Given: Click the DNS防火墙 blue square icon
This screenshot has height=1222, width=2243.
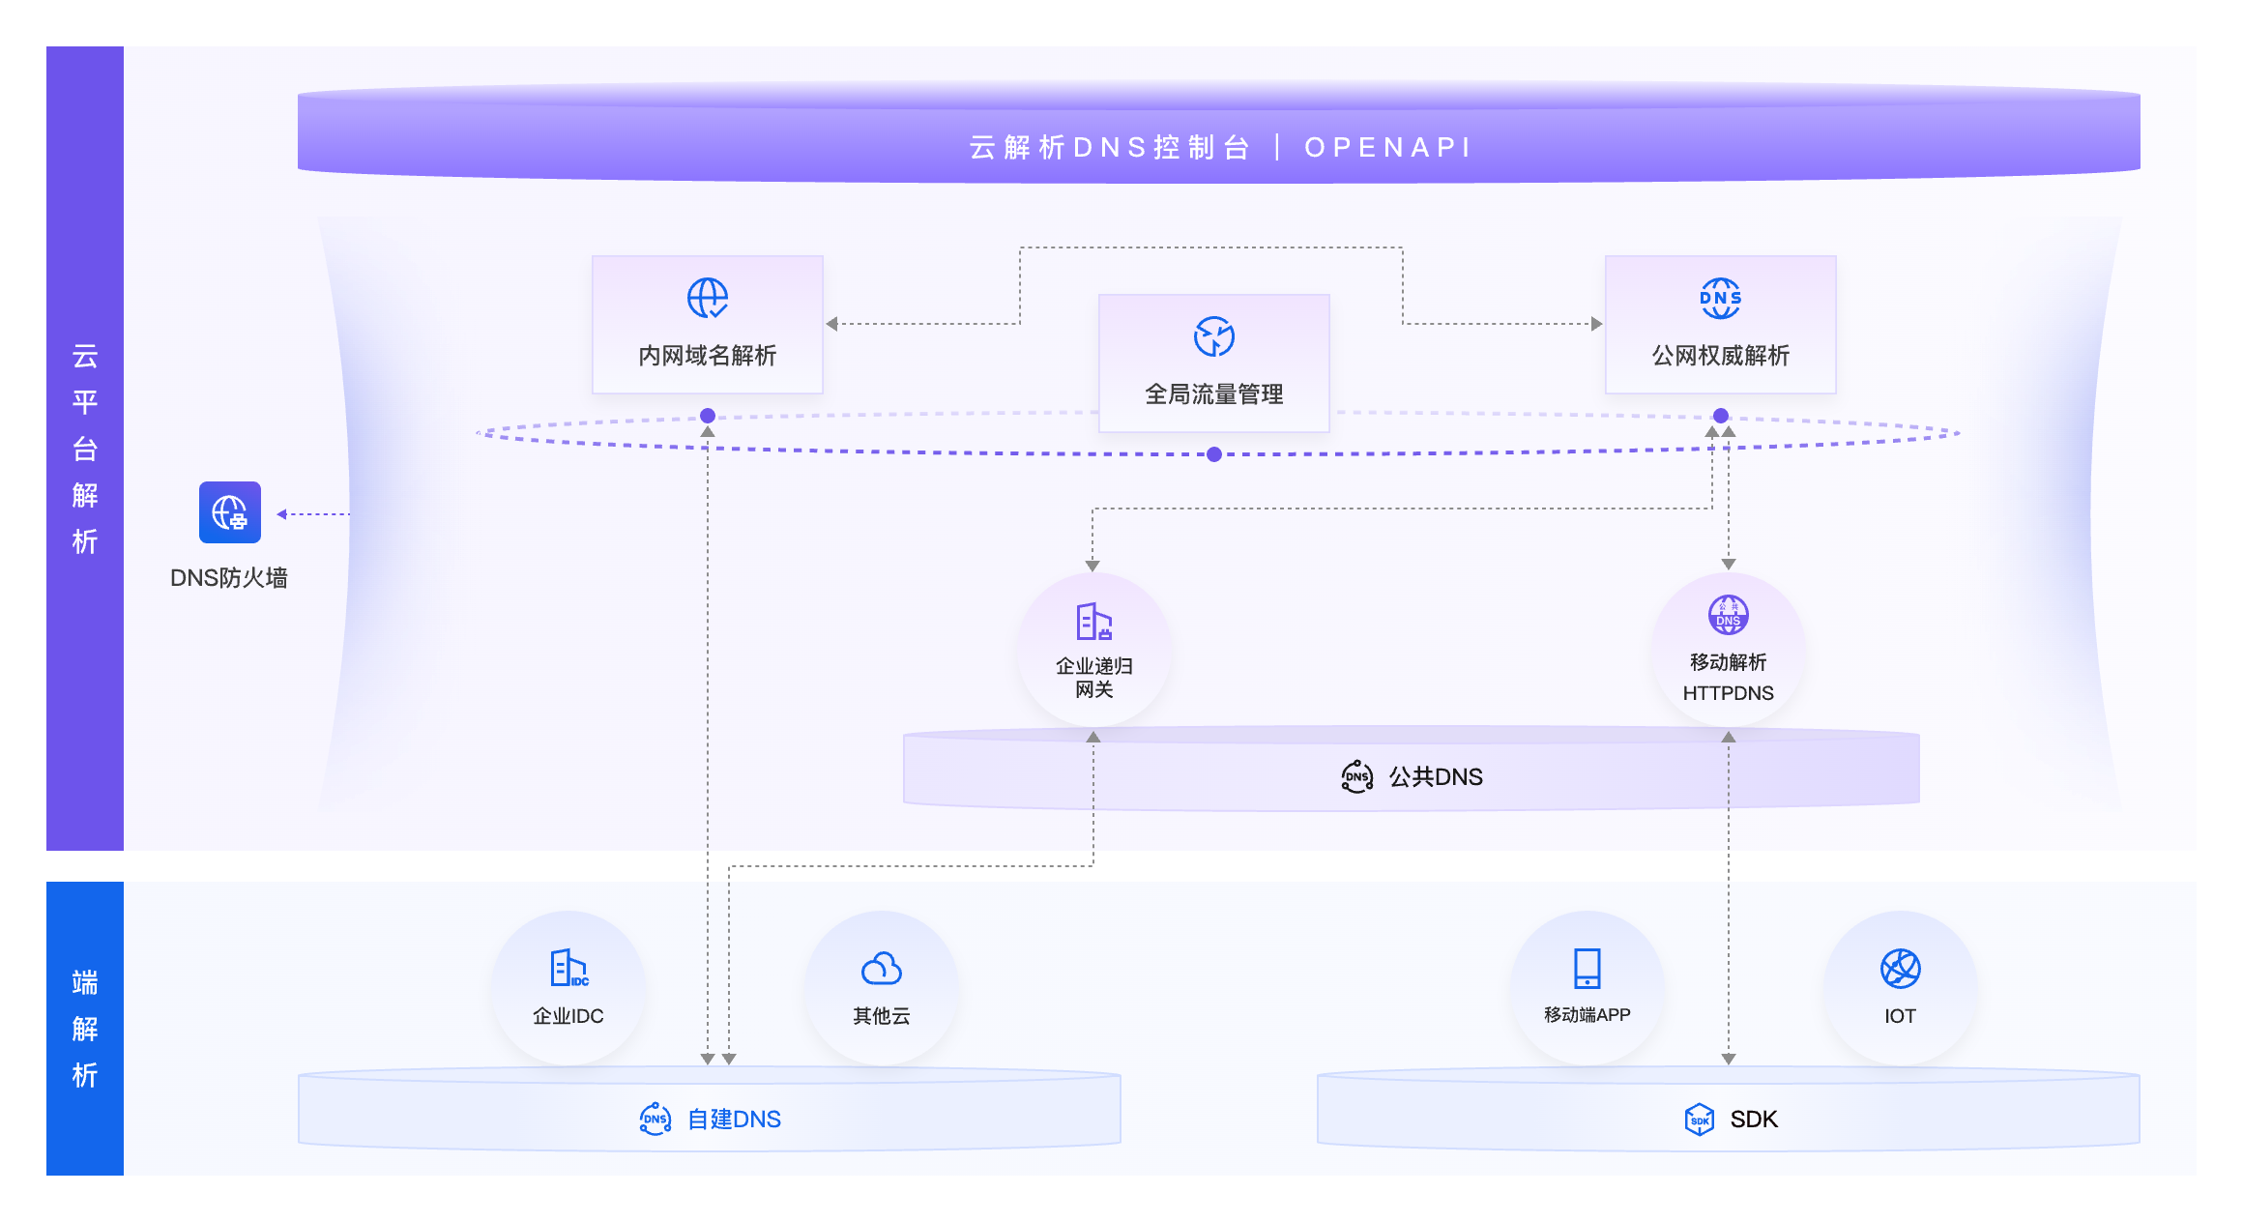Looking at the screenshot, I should [230, 512].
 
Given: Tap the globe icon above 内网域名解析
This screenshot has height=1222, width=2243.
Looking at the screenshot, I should [708, 298].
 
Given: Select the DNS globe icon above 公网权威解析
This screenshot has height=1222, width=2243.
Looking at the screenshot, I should [1720, 298].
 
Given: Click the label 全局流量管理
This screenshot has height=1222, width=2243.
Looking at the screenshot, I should [1213, 394].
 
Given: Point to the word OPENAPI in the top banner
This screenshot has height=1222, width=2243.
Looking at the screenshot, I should [1387, 147].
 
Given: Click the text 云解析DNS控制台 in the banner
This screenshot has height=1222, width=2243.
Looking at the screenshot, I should [1109, 147].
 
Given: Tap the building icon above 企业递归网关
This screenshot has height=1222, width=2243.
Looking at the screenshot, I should [1093, 622].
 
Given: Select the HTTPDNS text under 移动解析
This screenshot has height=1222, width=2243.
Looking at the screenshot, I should [1728, 693].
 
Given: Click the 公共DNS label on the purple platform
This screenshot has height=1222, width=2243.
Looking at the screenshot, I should [1436, 776].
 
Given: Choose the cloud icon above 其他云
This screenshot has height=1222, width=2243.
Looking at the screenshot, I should [881, 968].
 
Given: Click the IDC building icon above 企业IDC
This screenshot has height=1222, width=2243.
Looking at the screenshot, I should [568, 968].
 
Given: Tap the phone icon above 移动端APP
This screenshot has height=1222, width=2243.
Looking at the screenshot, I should [1587, 968].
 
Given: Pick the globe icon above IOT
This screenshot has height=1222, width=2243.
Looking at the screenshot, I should [1900, 968].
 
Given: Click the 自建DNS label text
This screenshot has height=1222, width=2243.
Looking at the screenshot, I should [734, 1119].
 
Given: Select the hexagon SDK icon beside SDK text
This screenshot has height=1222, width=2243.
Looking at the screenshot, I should [1699, 1119].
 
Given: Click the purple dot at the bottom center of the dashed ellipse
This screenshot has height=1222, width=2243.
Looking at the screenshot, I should [1214, 454].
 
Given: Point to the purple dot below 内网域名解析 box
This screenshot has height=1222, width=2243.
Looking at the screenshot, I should [708, 416].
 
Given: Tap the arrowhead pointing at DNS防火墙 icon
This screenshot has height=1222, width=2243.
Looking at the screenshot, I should [282, 514].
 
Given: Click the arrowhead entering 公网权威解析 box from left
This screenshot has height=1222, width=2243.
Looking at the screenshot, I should [1596, 324].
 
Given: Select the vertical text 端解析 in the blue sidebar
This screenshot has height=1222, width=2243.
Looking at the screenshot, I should [85, 1029].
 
